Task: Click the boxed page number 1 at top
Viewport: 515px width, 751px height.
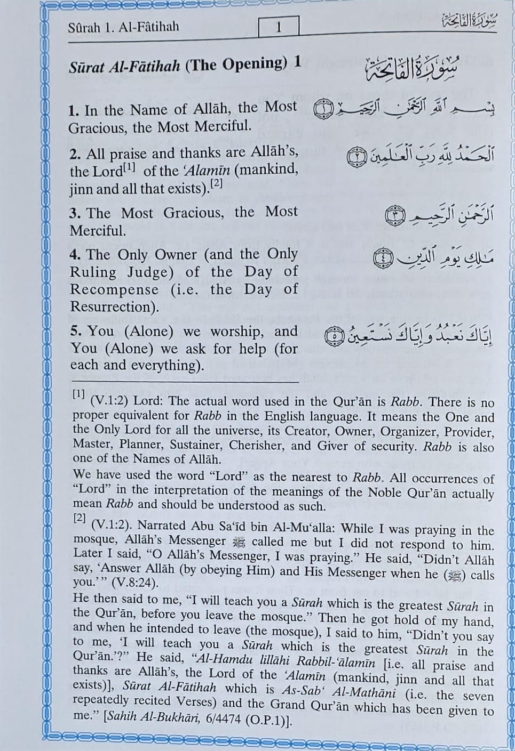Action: tap(278, 27)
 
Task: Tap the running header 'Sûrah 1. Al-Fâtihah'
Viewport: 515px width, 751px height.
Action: tap(123, 27)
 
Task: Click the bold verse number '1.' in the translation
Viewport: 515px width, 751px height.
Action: tap(74, 111)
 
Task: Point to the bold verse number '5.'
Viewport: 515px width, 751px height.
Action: tap(76, 331)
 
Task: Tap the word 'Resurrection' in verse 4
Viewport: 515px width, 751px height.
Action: tap(111, 307)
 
